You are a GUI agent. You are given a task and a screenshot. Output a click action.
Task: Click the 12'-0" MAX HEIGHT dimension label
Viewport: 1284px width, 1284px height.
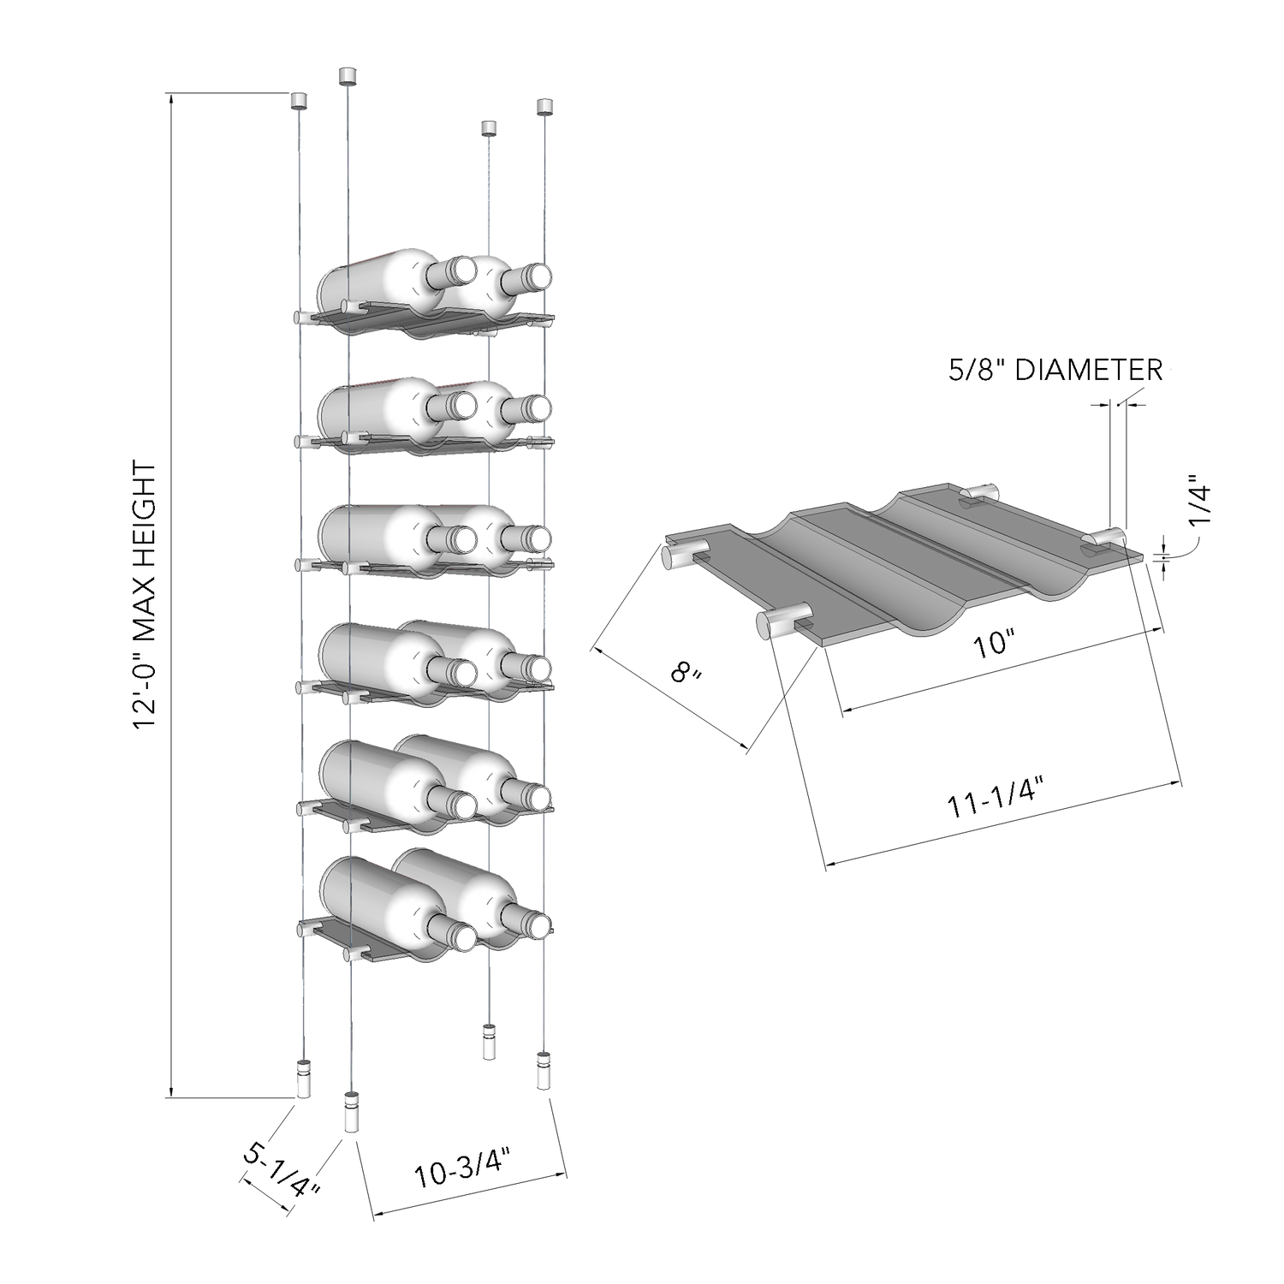[146, 596]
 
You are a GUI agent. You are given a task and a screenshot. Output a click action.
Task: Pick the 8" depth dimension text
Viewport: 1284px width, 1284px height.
[687, 673]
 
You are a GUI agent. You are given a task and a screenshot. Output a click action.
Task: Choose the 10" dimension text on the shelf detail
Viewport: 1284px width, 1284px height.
[994, 644]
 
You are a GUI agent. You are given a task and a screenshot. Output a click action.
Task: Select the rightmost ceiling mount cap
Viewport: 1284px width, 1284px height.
[545, 107]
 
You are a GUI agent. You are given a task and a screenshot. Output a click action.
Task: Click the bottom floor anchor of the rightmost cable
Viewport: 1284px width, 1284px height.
[544, 1070]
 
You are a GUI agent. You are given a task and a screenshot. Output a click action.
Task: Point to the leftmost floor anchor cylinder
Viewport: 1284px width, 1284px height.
[304, 1079]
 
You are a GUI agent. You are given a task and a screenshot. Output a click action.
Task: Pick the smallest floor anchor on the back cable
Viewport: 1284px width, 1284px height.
[488, 1041]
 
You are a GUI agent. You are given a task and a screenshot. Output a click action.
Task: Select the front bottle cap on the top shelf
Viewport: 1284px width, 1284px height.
[463, 271]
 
